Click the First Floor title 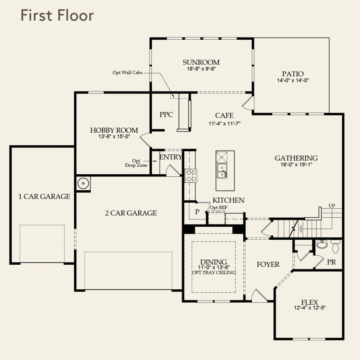(x=57, y=16)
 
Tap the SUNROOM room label (x=201, y=62)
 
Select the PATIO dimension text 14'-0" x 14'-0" (x=293, y=80)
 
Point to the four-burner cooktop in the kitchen (x=191, y=175)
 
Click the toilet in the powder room (x=335, y=246)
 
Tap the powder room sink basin (x=322, y=244)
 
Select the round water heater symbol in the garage (x=83, y=183)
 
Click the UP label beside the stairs (x=332, y=206)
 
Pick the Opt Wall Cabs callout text (x=128, y=72)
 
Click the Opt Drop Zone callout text (x=136, y=163)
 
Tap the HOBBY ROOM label (x=114, y=130)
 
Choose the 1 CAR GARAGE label (x=44, y=197)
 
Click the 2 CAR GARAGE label (x=131, y=213)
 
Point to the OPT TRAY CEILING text (x=214, y=272)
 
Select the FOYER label (x=268, y=264)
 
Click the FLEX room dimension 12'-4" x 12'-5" (x=310, y=308)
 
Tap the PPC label (x=166, y=115)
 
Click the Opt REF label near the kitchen (x=219, y=207)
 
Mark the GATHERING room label (x=296, y=158)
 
